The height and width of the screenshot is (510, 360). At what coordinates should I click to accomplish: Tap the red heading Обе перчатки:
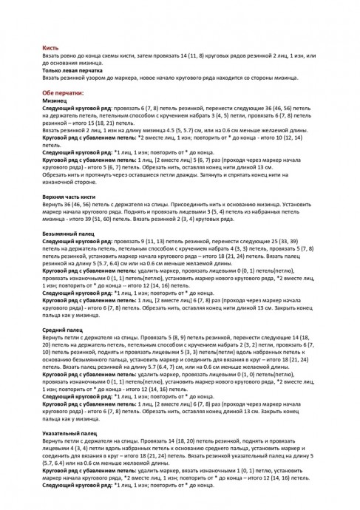(64, 93)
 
